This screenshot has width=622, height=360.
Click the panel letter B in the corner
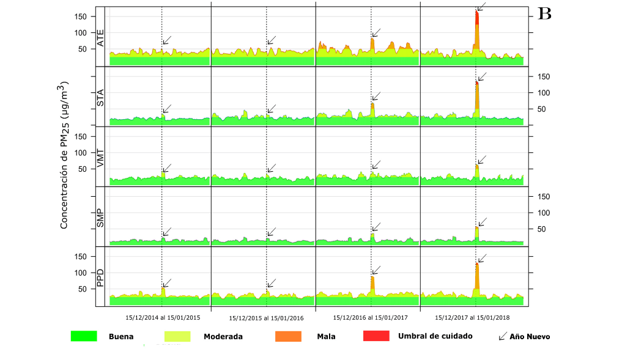[544, 14]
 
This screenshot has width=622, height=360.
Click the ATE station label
[101, 38]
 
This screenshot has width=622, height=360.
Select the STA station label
[101, 98]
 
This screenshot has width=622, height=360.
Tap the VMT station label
[101, 158]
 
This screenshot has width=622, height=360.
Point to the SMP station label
[101, 218]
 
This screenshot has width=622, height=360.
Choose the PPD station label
[101, 278]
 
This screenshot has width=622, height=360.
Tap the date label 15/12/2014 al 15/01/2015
[163, 318]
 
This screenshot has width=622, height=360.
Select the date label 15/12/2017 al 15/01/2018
[472, 318]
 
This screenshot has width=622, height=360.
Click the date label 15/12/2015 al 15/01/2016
[266, 318]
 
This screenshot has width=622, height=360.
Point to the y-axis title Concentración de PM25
[64, 155]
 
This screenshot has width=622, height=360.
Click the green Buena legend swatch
[84, 336]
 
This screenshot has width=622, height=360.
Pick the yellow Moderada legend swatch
[177, 336]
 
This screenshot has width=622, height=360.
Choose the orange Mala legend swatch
[289, 336]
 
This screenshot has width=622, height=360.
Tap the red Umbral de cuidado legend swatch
[376, 336]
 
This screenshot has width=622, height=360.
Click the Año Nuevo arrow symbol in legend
[503, 336]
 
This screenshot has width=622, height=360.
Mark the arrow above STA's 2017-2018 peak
[481, 77]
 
